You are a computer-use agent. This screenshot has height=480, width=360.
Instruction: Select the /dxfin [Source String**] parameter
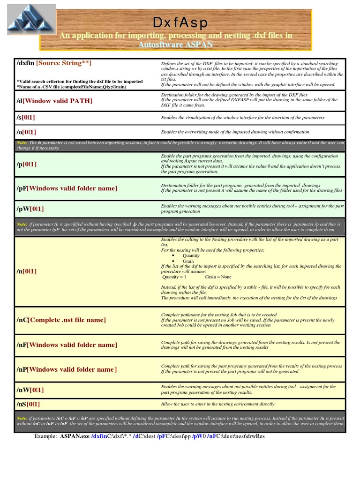point(54,63)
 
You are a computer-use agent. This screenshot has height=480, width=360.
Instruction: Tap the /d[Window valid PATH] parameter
point(54,101)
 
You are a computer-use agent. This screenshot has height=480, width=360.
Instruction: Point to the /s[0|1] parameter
point(27,117)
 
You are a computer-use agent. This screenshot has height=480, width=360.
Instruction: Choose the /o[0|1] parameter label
point(27,132)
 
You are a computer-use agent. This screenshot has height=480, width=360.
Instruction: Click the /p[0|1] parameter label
point(27,164)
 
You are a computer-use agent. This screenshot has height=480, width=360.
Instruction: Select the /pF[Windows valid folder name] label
point(67,188)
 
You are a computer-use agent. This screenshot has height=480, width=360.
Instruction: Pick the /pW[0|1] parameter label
point(30,209)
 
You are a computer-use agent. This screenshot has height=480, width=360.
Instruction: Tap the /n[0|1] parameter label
point(27,271)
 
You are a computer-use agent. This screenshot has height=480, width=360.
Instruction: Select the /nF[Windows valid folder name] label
point(67,345)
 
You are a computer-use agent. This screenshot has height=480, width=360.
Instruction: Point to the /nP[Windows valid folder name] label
point(67,369)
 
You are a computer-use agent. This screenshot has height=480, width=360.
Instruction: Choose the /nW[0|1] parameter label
point(30,390)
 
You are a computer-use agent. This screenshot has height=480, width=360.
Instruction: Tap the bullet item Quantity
point(191,255)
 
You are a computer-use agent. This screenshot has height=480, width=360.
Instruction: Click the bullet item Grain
point(188,261)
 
